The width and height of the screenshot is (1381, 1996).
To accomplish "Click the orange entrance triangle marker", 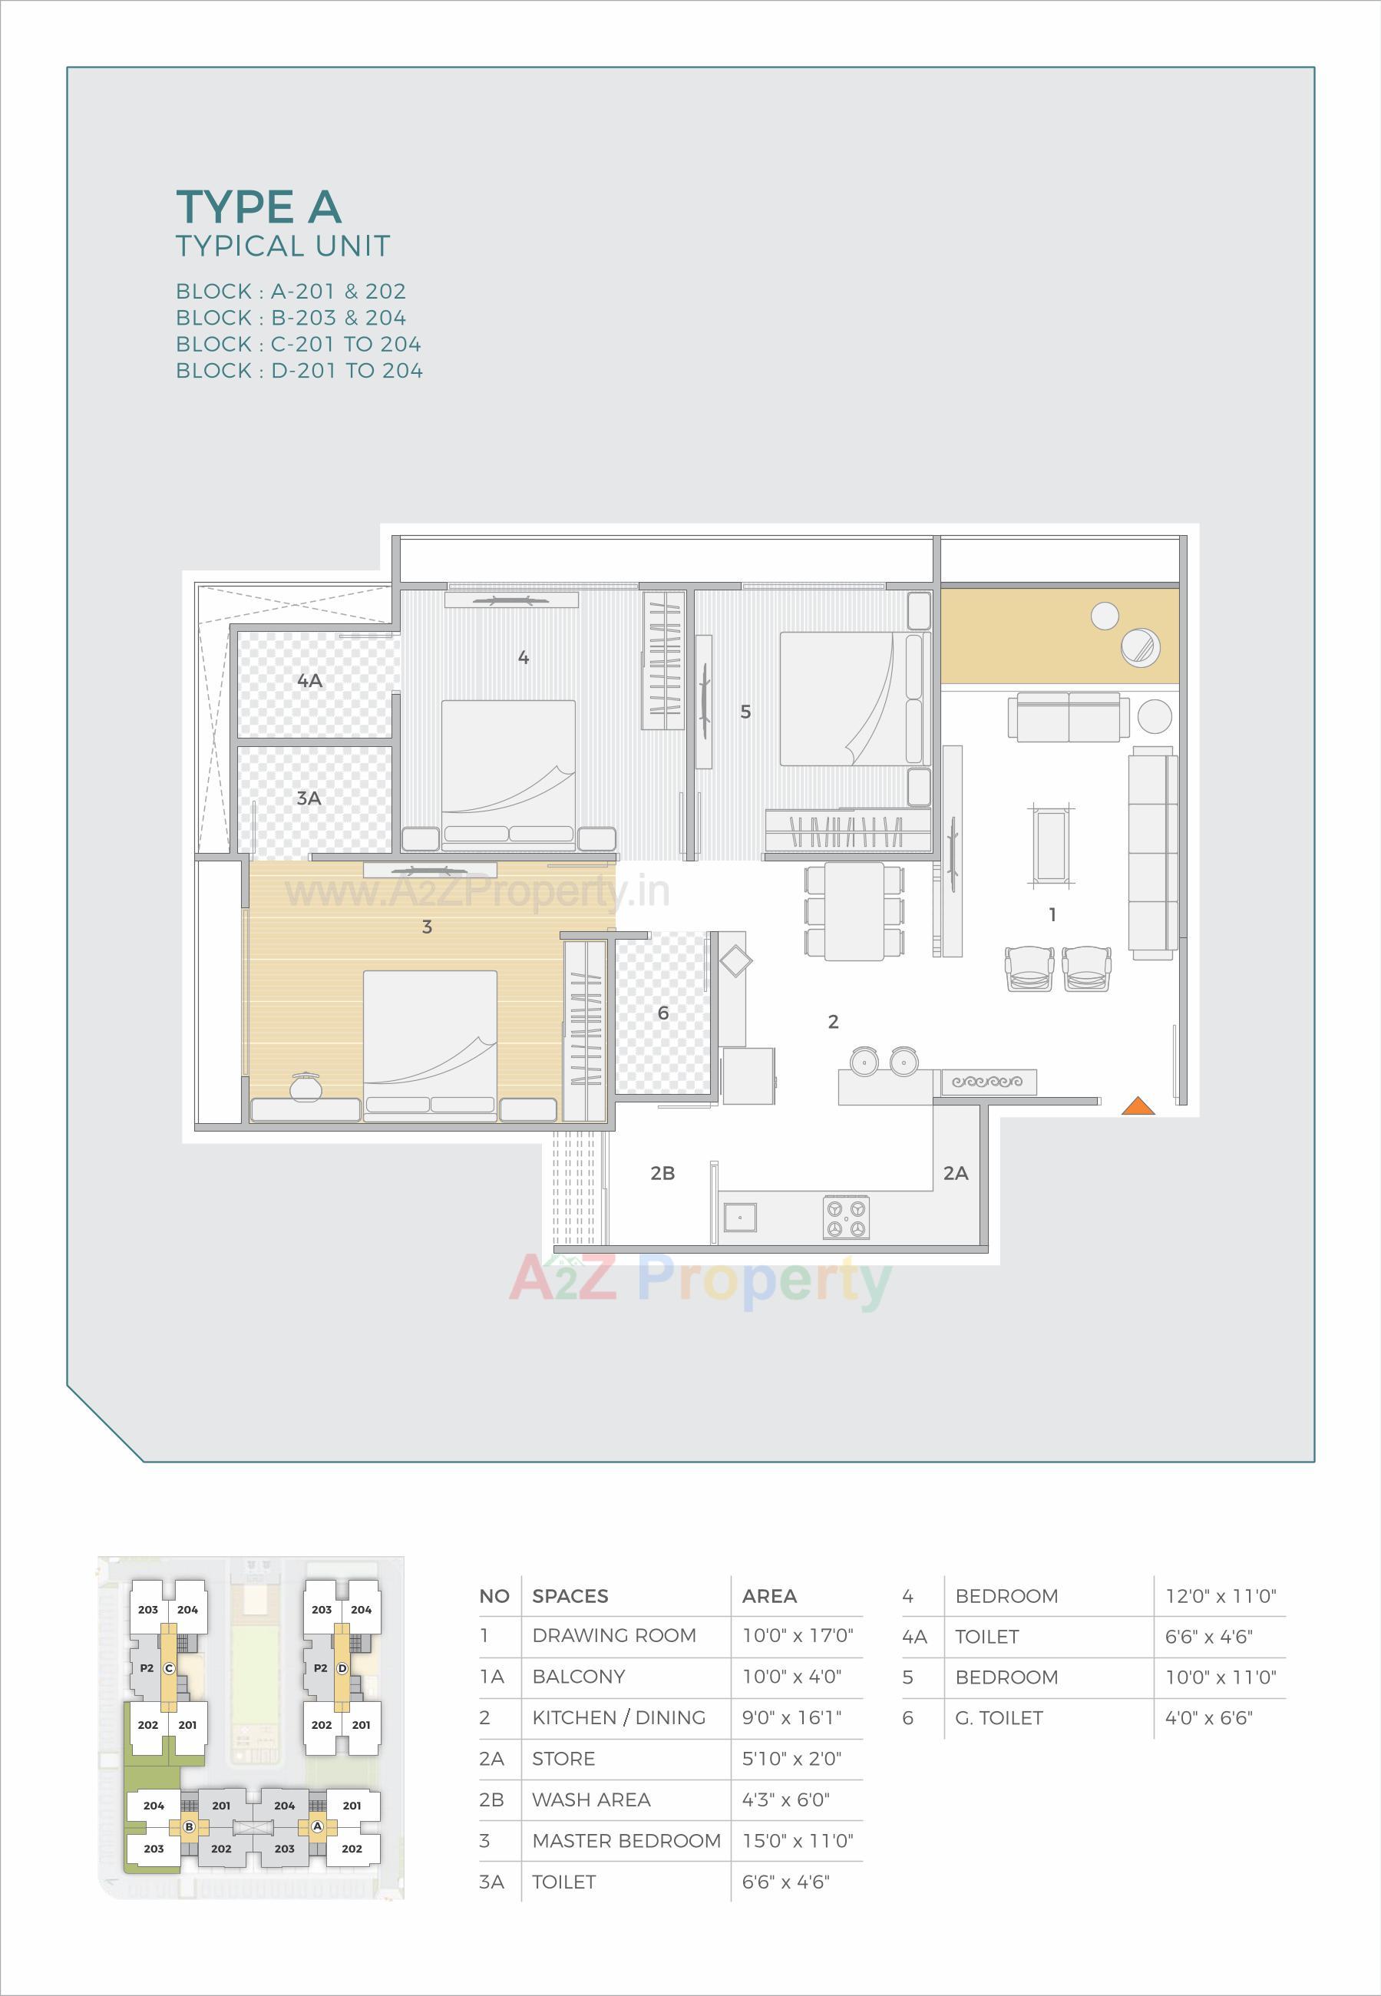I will click(1138, 1105).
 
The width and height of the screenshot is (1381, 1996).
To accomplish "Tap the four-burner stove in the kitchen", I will click(845, 1218).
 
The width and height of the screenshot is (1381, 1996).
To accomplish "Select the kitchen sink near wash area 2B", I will click(740, 1217).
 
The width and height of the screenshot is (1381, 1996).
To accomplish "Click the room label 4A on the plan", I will click(310, 681).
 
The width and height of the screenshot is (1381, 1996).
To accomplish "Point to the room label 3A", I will click(309, 798).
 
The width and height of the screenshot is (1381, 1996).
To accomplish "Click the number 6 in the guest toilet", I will click(662, 1013).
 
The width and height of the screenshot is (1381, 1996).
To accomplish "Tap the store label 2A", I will click(955, 1173).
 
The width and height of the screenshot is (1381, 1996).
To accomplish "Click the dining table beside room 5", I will click(854, 911).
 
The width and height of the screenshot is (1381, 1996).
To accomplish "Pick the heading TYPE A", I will click(259, 207).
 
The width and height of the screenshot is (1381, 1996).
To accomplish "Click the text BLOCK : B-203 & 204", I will click(291, 318).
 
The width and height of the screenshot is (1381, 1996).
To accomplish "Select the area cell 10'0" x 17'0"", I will click(797, 1635).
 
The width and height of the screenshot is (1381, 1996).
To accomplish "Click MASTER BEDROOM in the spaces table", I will click(626, 1840).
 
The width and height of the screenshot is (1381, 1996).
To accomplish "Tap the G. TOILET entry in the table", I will click(999, 1717).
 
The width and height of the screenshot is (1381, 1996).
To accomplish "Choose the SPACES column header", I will click(570, 1596).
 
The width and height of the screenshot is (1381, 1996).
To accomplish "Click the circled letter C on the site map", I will click(169, 1668).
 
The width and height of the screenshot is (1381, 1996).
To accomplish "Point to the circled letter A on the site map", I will click(318, 1826).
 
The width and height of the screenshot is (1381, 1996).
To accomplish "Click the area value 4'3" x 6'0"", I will click(785, 1799).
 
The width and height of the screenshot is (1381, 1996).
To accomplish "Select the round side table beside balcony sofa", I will click(1154, 716).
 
